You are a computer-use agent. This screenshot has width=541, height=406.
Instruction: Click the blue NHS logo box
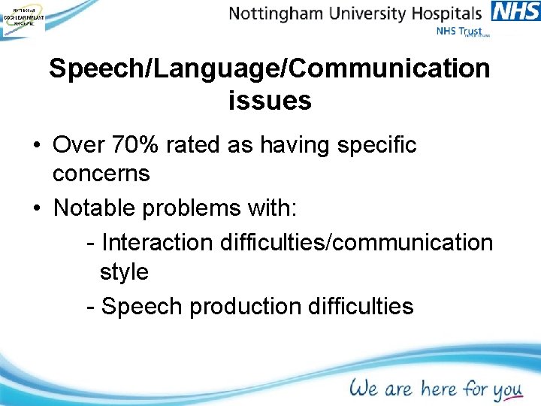point(515,11)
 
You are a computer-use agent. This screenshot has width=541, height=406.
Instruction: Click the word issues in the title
point(270,100)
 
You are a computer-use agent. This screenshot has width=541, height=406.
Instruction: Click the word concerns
point(101,174)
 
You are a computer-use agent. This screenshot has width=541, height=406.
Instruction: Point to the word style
point(124,271)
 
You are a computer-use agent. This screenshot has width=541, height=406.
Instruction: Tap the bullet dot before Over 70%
point(36,145)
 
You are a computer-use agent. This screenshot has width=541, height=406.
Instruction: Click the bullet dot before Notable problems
point(36,207)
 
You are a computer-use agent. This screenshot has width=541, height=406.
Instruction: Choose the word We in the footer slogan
point(363,388)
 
